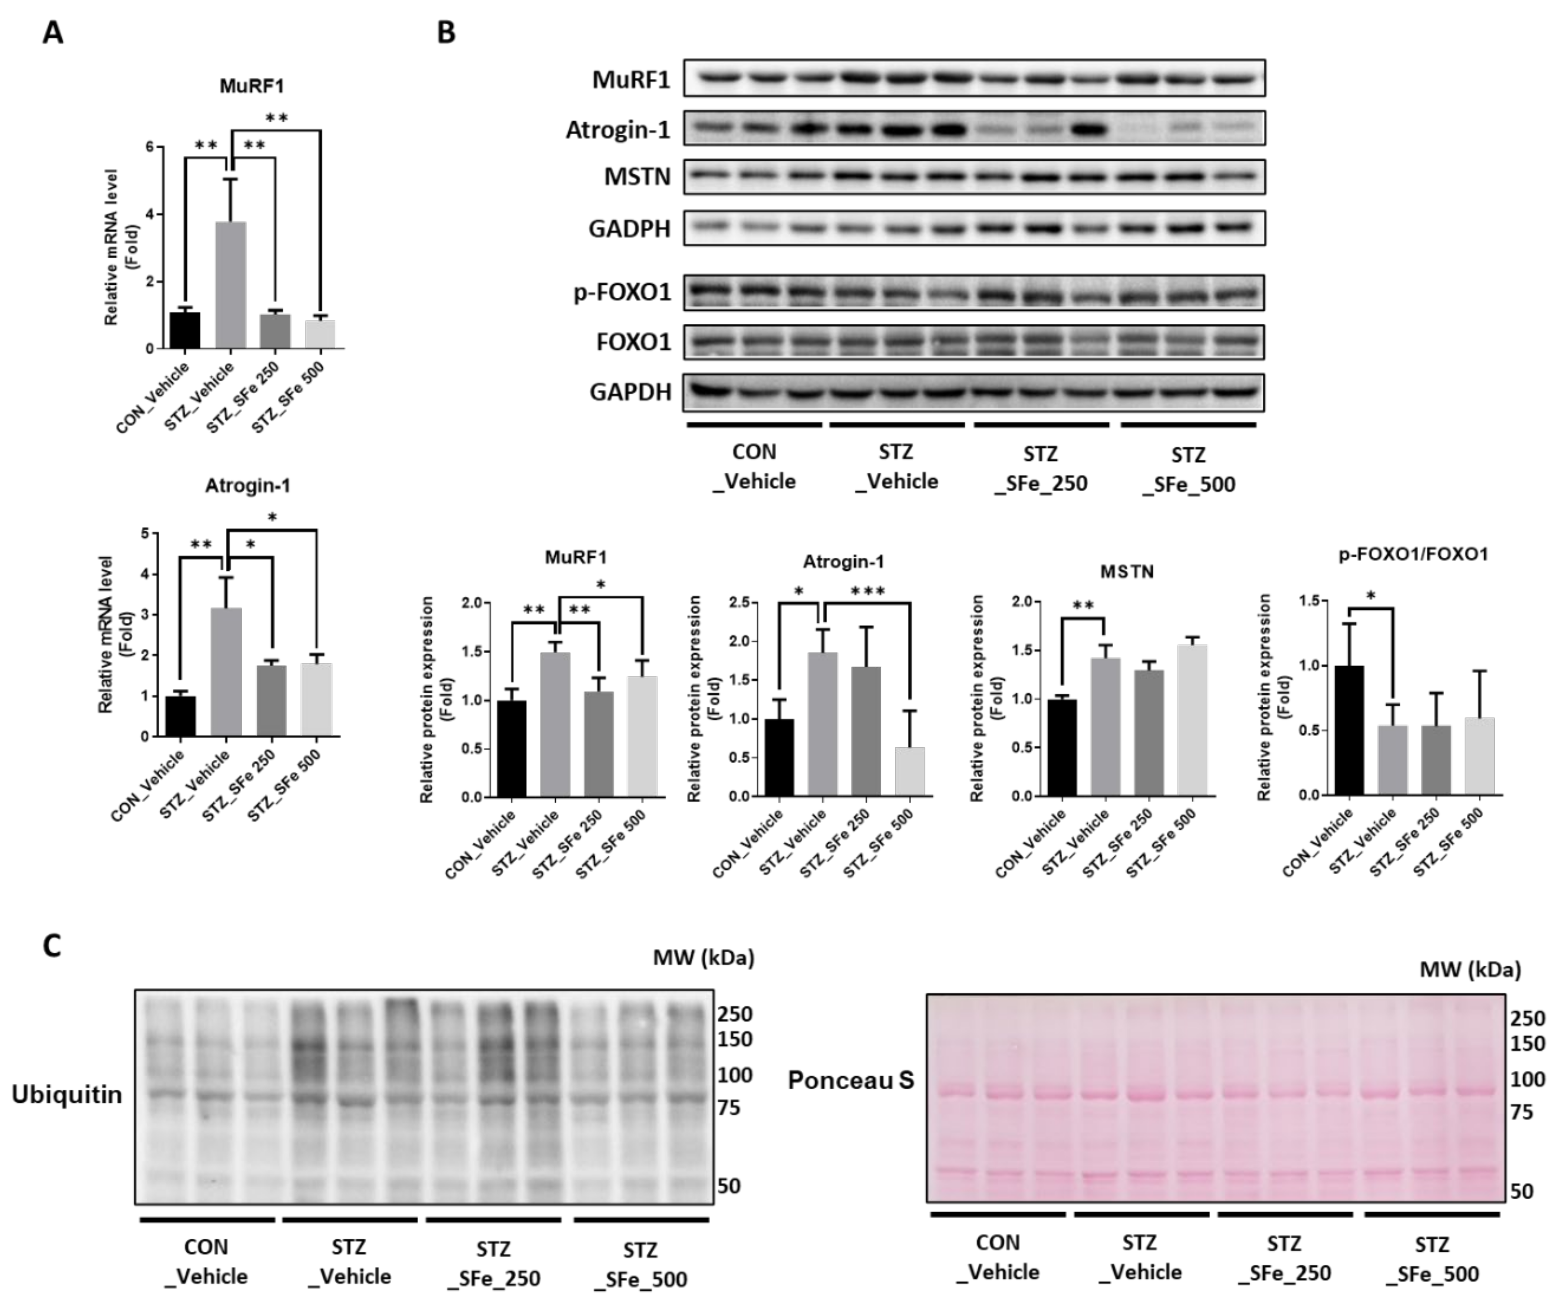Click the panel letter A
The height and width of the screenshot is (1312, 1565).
pyautogui.click(x=52, y=33)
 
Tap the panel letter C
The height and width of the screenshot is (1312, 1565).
pyautogui.click(x=51, y=945)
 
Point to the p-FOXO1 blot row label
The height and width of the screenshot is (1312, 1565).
pyautogui.click(x=622, y=292)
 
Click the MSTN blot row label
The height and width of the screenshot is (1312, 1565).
pyautogui.click(x=637, y=178)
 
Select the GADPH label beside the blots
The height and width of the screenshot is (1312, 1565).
pyautogui.click(x=630, y=229)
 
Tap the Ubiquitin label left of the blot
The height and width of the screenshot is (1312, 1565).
pyautogui.click(x=66, y=1095)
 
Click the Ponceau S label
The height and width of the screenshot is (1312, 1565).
pyautogui.click(x=850, y=1080)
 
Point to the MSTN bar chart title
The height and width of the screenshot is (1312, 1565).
pyautogui.click(x=1127, y=572)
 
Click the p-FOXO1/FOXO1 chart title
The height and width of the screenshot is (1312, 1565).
pyautogui.click(x=1413, y=554)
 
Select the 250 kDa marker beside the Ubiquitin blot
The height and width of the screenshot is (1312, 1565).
pyautogui.click(x=735, y=1014)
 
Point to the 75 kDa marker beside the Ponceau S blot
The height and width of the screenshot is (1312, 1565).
pyautogui.click(x=1521, y=1112)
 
